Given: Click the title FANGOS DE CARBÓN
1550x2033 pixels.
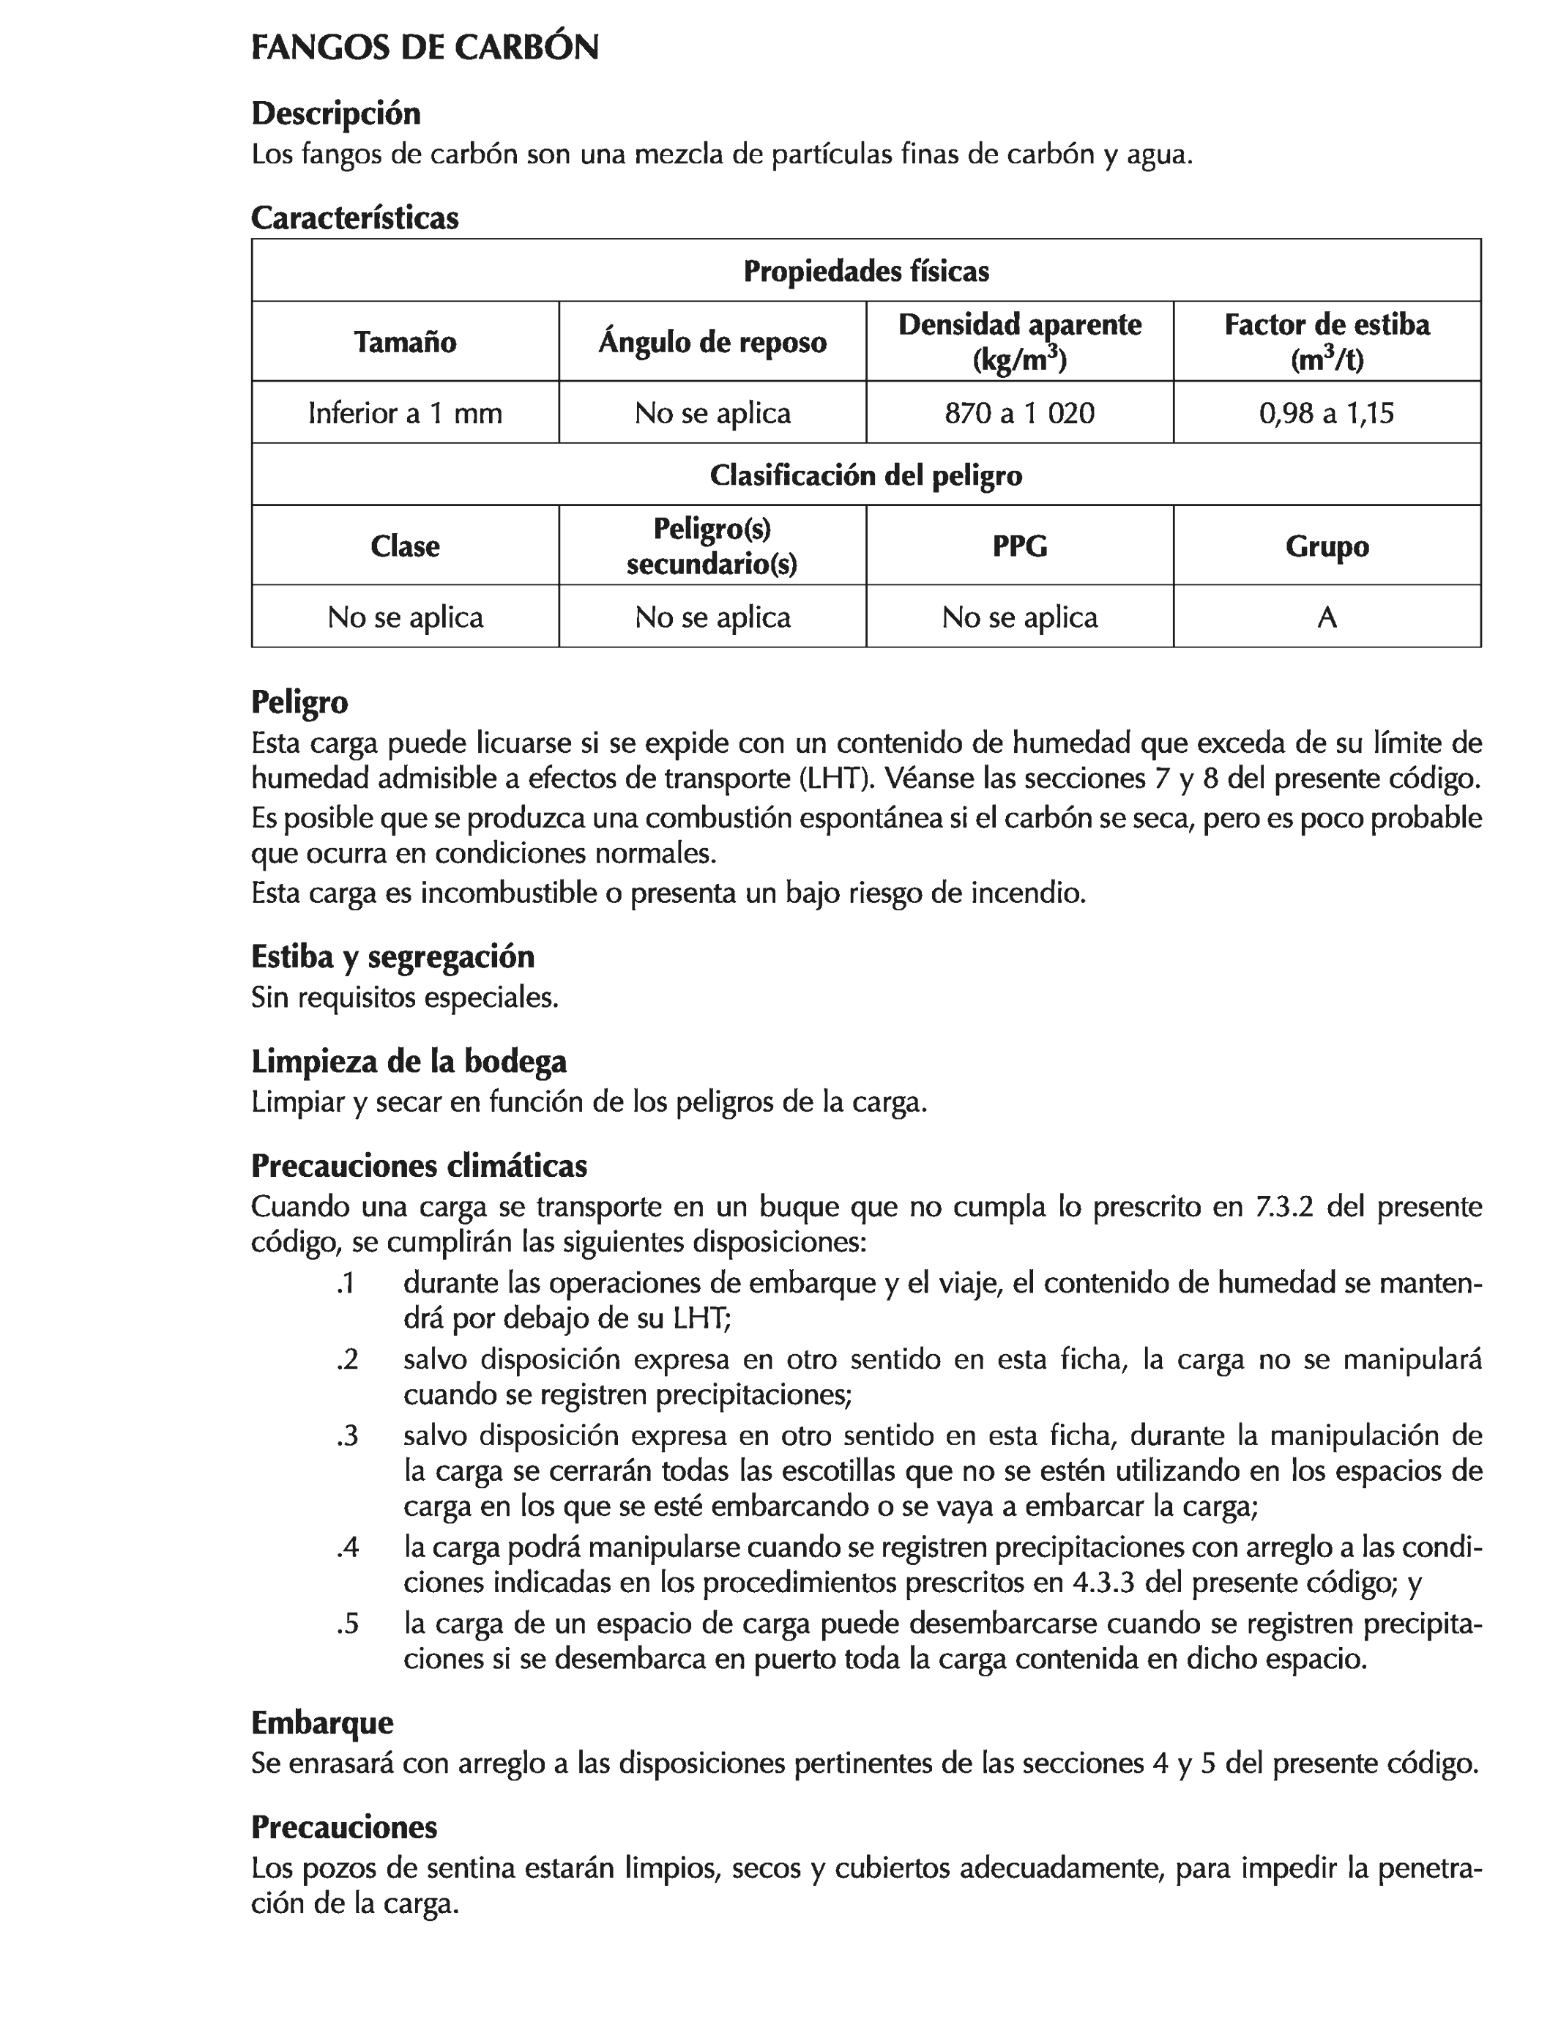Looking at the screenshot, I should (425, 48).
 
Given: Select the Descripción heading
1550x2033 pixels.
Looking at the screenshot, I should (336, 114).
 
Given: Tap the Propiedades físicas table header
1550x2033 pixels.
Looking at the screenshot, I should (865, 271).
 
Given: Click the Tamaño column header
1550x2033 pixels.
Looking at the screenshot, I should (405, 342).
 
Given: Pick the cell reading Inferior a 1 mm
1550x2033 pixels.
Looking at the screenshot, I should (405, 412).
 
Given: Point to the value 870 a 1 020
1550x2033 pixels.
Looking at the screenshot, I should (1019, 412).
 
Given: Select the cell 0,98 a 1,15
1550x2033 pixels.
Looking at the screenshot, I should (1326, 412).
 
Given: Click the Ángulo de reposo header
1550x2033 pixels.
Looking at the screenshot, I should (712, 342).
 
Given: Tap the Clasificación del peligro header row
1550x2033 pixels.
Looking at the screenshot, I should (865, 475).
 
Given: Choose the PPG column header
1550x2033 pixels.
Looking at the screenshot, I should (1019, 546).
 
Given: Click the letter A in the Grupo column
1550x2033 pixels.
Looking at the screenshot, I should (1327, 617).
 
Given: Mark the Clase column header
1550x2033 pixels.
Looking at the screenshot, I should (405, 546).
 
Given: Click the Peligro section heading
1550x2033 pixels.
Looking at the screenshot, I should (300, 702).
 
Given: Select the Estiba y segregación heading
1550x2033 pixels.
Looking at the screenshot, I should (392, 957).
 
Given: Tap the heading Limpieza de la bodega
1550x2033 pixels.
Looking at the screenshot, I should (409, 1061).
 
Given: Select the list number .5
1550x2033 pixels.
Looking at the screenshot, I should (347, 1624).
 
